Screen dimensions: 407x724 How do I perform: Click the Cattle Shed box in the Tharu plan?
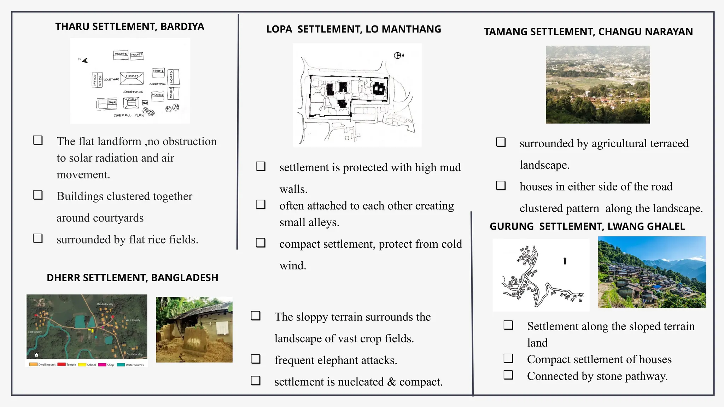point(97,80)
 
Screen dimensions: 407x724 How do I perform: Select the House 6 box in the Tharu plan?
point(121,54)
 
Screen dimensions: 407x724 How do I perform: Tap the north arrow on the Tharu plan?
point(84,60)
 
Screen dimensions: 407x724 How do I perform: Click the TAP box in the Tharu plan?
point(145,103)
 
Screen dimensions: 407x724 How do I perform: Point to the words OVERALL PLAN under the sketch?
point(129,116)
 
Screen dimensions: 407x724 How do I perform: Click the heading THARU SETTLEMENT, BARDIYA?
point(129,26)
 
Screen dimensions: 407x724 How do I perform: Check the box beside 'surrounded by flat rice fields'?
point(38,238)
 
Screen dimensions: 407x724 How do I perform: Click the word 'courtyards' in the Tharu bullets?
point(118,218)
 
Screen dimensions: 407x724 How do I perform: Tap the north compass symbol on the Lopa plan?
point(398,55)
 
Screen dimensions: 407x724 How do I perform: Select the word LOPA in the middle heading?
point(279,29)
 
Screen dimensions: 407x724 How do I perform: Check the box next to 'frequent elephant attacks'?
point(256,359)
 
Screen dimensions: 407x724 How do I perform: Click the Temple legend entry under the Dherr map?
point(67,365)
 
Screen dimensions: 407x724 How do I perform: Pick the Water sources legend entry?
point(130,365)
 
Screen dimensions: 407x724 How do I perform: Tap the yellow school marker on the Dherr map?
point(91,331)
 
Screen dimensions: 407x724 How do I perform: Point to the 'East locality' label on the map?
point(35,332)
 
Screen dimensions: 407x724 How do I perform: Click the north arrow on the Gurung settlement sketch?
point(565,261)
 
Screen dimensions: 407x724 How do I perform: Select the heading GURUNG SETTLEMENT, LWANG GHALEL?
point(587,226)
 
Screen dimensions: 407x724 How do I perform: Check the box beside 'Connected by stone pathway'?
point(508,375)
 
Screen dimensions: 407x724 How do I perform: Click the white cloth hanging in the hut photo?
point(222,328)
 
